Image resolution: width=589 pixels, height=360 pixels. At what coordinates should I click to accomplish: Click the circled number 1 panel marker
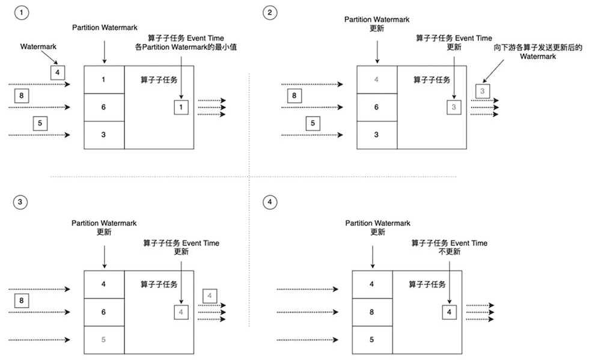(22, 13)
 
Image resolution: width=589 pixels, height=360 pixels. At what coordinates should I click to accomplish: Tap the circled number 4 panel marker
(270, 202)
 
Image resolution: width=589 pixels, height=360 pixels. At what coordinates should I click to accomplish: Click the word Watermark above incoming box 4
(38, 47)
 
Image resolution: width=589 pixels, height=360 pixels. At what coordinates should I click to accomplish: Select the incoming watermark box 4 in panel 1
(58, 73)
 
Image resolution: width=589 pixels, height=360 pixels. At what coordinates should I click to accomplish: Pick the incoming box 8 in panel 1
(22, 96)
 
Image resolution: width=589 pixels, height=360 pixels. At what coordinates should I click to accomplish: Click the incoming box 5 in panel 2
(313, 123)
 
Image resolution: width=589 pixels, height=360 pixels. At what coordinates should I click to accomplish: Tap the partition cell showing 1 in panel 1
(104, 80)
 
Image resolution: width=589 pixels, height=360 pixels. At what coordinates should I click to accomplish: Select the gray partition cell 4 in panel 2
(377, 80)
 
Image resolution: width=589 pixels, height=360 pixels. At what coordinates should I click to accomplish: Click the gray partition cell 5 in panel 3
(104, 340)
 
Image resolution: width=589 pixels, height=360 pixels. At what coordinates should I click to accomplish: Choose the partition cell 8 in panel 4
(372, 312)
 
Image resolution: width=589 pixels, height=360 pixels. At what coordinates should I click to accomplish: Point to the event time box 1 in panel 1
(181, 108)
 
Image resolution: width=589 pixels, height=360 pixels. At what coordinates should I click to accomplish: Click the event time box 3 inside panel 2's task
(454, 108)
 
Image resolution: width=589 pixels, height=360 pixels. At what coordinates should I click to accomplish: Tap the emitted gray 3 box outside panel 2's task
(483, 91)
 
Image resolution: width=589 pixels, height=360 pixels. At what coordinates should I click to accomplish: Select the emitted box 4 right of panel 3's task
(210, 296)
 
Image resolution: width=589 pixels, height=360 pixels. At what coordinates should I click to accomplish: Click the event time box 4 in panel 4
(450, 313)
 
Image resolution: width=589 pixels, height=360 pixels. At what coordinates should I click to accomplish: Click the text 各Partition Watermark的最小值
(186, 47)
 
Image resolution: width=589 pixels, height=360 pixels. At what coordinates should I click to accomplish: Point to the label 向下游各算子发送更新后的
(538, 47)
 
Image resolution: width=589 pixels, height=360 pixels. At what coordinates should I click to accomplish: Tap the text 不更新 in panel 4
(450, 252)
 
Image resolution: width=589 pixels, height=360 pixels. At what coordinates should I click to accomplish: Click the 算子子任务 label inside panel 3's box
(159, 284)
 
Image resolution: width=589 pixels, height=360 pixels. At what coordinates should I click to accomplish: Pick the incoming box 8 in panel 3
(22, 301)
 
